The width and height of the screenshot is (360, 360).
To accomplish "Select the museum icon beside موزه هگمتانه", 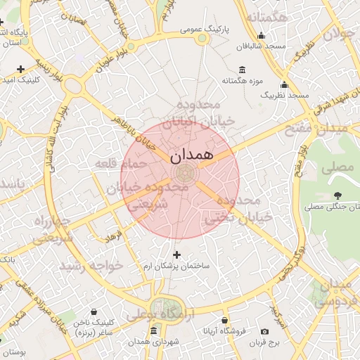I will (x=243, y=69).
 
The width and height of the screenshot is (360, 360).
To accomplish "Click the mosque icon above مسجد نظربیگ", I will (x=284, y=84).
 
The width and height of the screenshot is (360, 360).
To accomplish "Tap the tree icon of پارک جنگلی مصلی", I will (x=338, y=195).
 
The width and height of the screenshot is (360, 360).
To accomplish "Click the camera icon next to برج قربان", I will (x=264, y=331).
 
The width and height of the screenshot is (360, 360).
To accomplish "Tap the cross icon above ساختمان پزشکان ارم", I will (x=176, y=255).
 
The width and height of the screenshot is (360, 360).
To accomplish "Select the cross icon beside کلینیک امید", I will (x=21, y=69).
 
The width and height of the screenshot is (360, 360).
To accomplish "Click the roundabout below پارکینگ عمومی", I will (x=202, y=39).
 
